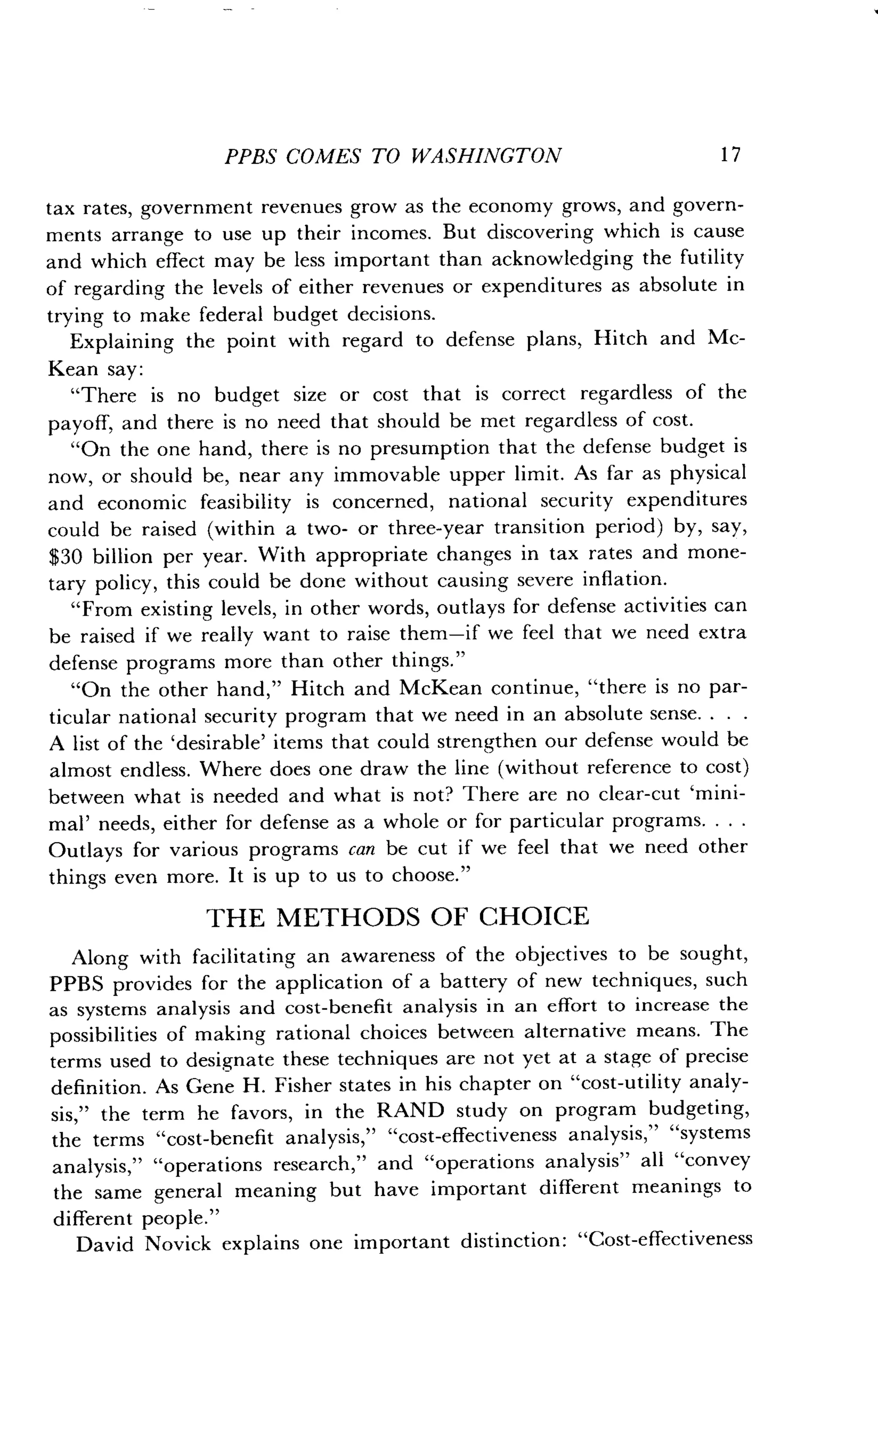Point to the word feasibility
[246, 502]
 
